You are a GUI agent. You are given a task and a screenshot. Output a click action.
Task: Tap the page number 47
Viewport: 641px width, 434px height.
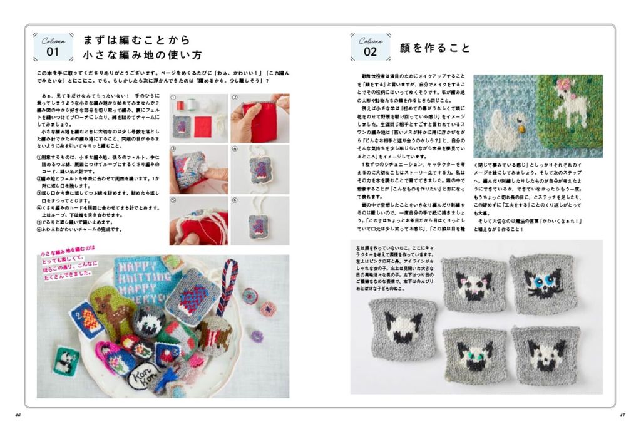pyautogui.click(x=622, y=414)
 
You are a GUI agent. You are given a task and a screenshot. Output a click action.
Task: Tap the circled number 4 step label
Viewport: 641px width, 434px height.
pyautogui.click(x=235, y=149)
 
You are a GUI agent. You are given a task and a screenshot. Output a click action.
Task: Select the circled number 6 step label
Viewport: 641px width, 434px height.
pyautogui.click(x=235, y=201)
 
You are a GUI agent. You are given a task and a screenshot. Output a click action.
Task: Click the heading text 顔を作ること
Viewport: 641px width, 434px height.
pyautogui.click(x=434, y=48)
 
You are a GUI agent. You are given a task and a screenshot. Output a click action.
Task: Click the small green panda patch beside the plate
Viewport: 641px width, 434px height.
pyautogui.click(x=63, y=361)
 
